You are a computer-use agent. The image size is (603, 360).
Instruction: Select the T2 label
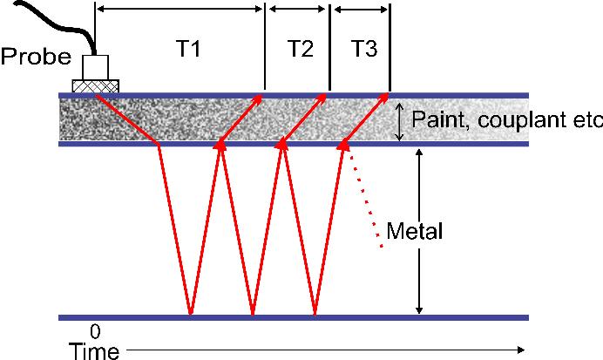click(299, 50)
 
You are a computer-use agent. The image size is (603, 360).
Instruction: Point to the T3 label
click(364, 50)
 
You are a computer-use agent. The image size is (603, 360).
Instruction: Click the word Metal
click(415, 232)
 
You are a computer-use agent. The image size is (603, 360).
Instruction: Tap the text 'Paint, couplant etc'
click(506, 119)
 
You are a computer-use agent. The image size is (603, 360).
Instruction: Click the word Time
click(94, 350)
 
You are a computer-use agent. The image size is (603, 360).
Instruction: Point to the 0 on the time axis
click(95, 332)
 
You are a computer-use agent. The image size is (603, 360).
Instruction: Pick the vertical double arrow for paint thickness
click(399, 120)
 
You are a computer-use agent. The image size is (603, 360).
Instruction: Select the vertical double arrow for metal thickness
click(420, 231)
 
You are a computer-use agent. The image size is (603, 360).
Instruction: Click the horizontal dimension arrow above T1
click(180, 9)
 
